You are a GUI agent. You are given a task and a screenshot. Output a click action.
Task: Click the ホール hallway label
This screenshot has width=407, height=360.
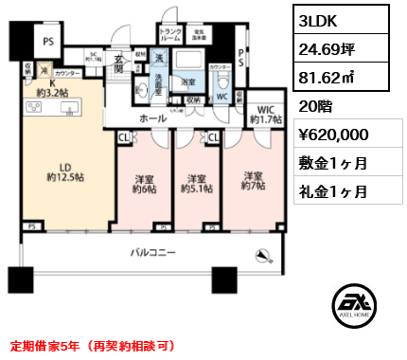point(153,120)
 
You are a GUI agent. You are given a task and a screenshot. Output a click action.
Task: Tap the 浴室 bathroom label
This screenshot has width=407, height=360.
point(188,82)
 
